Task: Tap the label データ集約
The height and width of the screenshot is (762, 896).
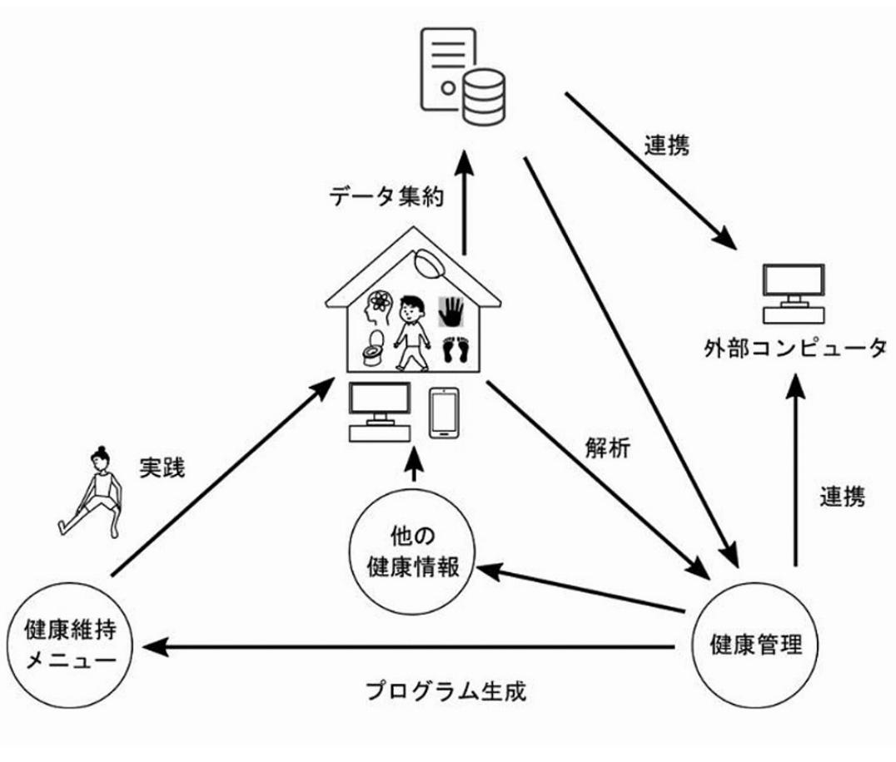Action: (x=386, y=197)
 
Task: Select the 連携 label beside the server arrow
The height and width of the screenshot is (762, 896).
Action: (x=667, y=146)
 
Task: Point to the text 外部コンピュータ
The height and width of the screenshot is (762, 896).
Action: (x=795, y=348)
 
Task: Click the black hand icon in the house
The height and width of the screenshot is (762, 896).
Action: (x=450, y=311)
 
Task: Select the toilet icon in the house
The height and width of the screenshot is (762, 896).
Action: (x=373, y=348)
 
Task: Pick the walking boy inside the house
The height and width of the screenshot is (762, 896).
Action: (x=411, y=333)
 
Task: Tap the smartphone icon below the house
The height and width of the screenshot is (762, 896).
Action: (x=444, y=413)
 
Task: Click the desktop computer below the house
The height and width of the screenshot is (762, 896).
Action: (x=380, y=412)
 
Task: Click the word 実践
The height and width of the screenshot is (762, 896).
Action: (x=163, y=468)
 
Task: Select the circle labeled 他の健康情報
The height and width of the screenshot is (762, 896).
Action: (x=412, y=552)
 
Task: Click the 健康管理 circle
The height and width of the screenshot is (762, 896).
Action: (x=755, y=645)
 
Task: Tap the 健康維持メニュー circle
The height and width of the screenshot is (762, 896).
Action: (x=70, y=645)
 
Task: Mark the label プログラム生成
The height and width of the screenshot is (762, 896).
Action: (x=446, y=690)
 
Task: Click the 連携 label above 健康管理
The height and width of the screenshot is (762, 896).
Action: (x=842, y=496)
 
